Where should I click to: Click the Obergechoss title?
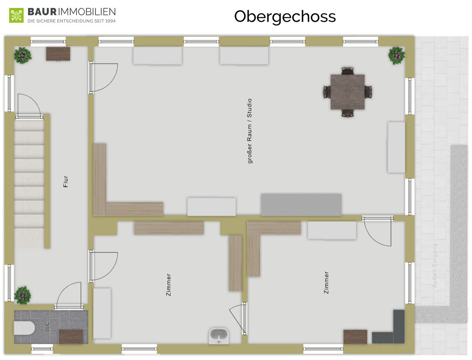[285, 17]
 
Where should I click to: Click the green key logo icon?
[16, 15]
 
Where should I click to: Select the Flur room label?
[66, 181]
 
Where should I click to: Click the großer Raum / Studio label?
[249, 131]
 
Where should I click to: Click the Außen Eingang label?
[435, 265]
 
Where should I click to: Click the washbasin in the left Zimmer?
[218, 335]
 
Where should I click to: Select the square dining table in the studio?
[347, 92]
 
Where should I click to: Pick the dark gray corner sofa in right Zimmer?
[394, 330]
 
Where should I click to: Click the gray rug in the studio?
[301, 204]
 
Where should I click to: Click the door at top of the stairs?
[29, 107]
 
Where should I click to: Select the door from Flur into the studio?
[103, 78]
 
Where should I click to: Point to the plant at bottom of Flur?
[23, 295]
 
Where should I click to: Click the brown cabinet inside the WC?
[71, 336]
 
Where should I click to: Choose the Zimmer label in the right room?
[326, 282]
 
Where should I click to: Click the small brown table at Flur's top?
[58, 54]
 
